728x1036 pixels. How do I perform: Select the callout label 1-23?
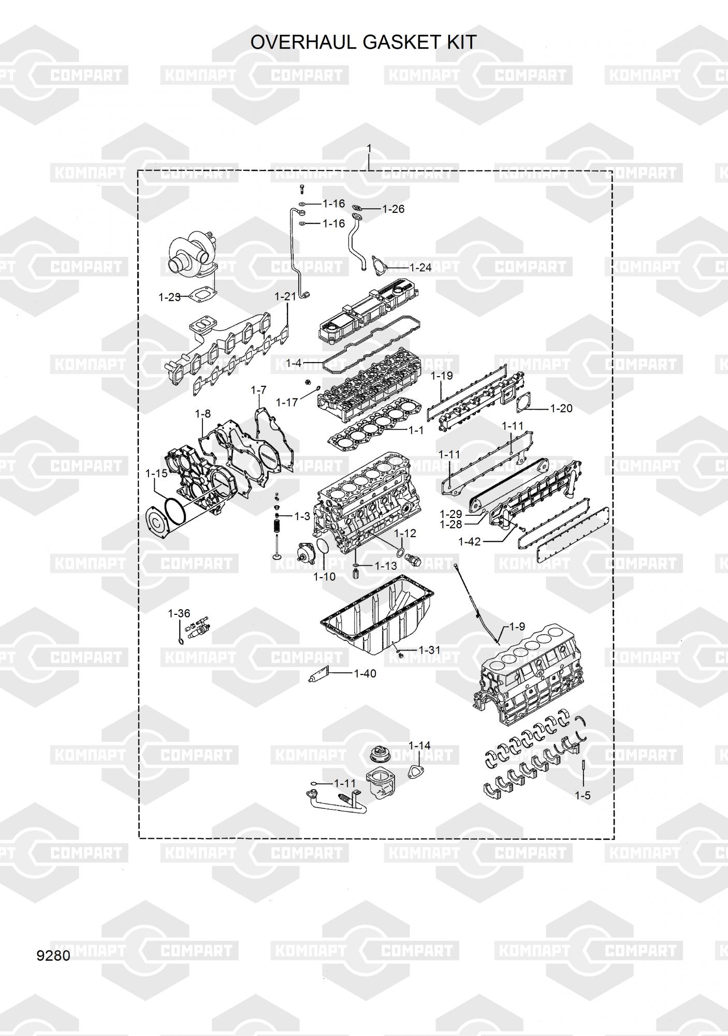coord(169,297)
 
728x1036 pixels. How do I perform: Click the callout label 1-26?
coord(394,209)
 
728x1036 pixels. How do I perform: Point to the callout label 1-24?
coord(420,268)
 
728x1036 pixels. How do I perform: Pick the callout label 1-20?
coord(561,409)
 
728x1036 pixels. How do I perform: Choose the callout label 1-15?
coord(156,473)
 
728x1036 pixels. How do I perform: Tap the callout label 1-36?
coord(179,614)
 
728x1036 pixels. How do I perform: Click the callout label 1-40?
coord(365,674)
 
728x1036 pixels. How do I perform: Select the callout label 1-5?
coord(583,796)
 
